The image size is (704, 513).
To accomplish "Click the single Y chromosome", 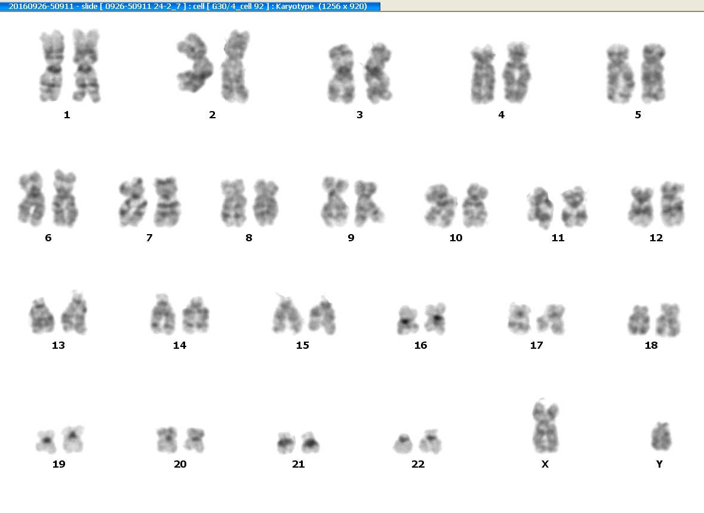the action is click(661, 436).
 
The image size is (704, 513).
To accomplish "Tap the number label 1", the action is click(67, 115).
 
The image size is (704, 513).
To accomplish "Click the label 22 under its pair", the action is click(418, 464).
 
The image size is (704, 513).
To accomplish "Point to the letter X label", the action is click(545, 464).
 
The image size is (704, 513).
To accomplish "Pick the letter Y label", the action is click(659, 464).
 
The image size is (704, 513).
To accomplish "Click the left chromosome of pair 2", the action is click(195, 63).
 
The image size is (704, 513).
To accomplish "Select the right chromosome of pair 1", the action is click(87, 66).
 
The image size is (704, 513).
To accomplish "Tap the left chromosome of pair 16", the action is click(407, 320).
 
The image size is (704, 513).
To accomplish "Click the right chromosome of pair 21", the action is click(310, 443).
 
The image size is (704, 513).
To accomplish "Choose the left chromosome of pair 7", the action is click(133, 202).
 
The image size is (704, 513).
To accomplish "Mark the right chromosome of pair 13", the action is click(75, 313).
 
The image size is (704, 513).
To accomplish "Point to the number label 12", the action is click(656, 238).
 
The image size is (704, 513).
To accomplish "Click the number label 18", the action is click(651, 345).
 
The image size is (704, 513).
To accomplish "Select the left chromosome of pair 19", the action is click(46, 441).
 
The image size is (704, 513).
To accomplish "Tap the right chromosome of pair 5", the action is click(653, 73).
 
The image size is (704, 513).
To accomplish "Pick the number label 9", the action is click(351, 238).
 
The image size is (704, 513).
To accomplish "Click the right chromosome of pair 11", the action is click(574, 208).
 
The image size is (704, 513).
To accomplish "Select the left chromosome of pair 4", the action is click(482, 75).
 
